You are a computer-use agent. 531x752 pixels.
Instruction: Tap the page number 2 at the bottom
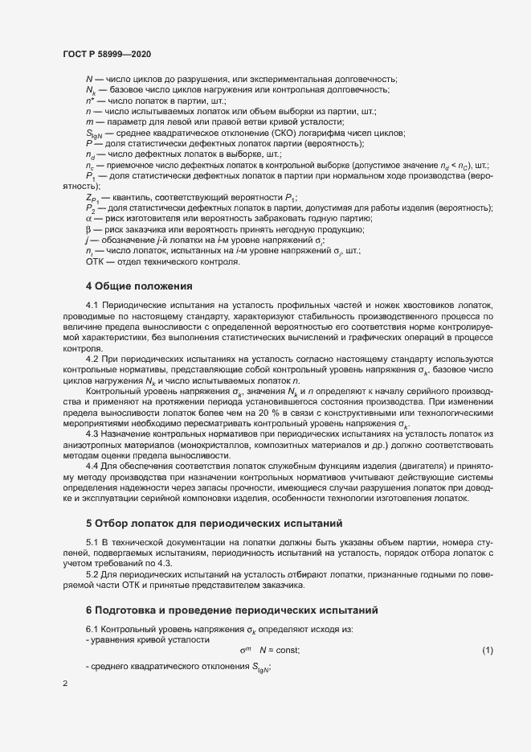[65, 684]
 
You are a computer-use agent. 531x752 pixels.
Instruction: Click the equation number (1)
[487, 649]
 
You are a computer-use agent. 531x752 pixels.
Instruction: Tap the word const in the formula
[287, 649]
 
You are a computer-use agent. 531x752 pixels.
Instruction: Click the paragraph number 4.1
[93, 306]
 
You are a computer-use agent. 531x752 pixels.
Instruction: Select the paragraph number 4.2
[93, 358]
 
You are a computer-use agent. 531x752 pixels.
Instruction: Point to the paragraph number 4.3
[93, 434]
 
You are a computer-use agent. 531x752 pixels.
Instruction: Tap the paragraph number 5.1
[93, 543]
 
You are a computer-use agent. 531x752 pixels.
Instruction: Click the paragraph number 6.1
[93, 627]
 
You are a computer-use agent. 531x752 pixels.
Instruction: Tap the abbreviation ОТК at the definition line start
[95, 261]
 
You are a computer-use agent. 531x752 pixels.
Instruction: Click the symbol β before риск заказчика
[88, 229]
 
